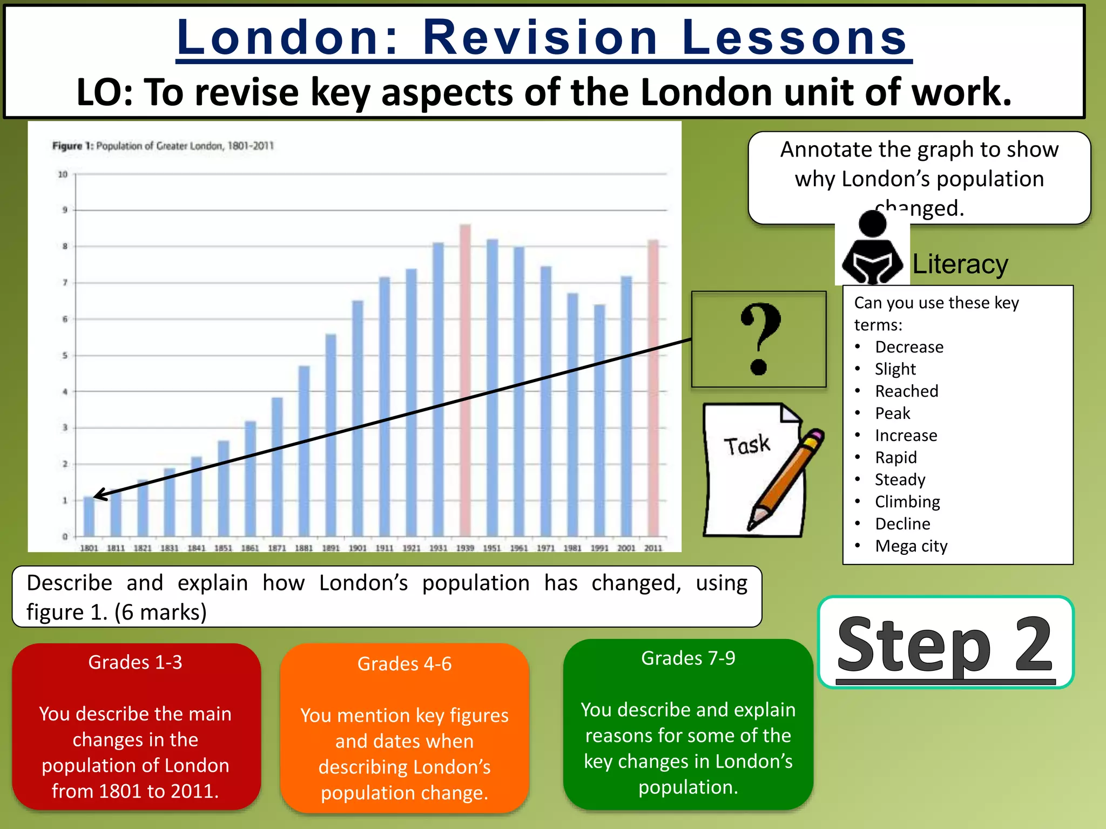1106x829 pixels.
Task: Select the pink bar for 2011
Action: click(x=653, y=388)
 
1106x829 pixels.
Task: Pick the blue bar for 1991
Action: click(x=599, y=420)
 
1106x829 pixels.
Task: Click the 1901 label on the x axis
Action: click(x=358, y=548)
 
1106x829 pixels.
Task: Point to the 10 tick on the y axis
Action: click(x=63, y=174)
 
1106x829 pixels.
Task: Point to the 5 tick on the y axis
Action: click(x=65, y=356)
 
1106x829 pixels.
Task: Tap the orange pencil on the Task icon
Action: click(x=788, y=478)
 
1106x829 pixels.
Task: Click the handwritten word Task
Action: click(x=747, y=445)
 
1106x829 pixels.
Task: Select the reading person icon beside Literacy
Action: click(x=872, y=248)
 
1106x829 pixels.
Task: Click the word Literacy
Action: click(x=960, y=264)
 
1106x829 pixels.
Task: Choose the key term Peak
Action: click(x=893, y=413)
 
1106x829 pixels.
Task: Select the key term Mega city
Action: click(x=911, y=546)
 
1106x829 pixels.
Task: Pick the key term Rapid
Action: click(x=896, y=458)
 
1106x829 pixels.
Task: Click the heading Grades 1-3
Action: click(x=135, y=662)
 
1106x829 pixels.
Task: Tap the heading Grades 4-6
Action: click(x=404, y=664)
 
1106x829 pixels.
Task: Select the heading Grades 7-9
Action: click(x=688, y=658)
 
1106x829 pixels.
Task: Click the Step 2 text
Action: click(x=945, y=645)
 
